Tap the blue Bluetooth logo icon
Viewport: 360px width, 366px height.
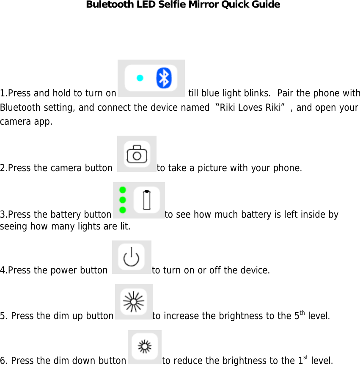tap(164, 78)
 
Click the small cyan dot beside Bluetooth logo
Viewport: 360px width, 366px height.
tap(140, 78)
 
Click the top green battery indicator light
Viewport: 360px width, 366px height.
tap(123, 190)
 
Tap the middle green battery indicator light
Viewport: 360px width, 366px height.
tap(123, 199)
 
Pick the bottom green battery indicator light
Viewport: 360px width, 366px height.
tap(123, 210)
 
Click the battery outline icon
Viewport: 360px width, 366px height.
tap(147, 200)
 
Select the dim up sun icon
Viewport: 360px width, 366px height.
tap(133, 301)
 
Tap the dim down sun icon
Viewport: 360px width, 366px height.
tap(144, 347)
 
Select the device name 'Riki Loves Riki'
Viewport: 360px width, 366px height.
tap(250, 107)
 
